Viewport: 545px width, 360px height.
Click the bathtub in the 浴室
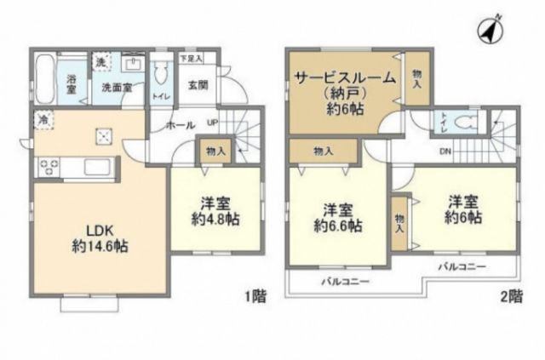(x=47, y=78)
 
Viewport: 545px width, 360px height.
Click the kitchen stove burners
(x=45, y=165)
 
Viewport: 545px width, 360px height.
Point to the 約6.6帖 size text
(x=338, y=226)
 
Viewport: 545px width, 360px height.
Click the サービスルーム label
(x=344, y=78)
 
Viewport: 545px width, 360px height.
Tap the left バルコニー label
(x=339, y=281)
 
